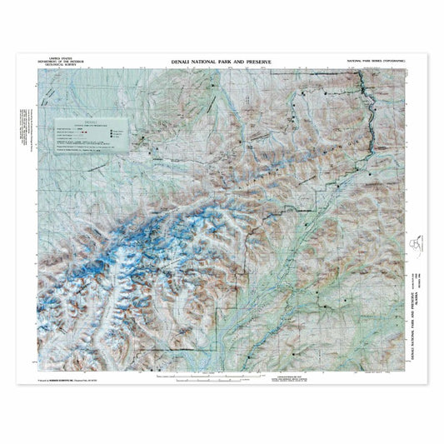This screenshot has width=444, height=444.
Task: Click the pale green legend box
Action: coord(91,137)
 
